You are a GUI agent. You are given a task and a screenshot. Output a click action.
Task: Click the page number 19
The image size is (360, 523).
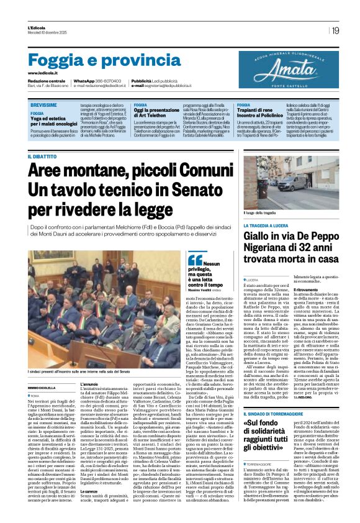[335, 30]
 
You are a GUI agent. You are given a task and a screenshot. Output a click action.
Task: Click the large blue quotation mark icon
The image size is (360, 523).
[195, 260]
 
